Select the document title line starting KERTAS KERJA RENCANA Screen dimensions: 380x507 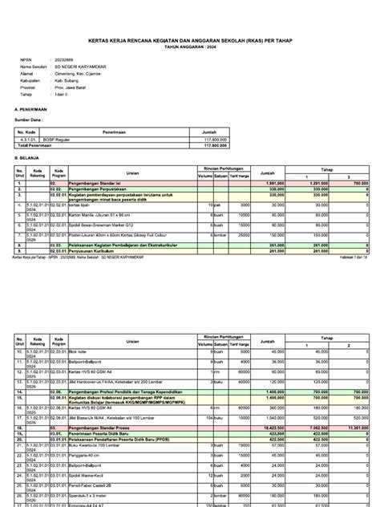pos(190,46)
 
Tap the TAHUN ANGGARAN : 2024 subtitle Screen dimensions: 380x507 pos(190,51)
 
